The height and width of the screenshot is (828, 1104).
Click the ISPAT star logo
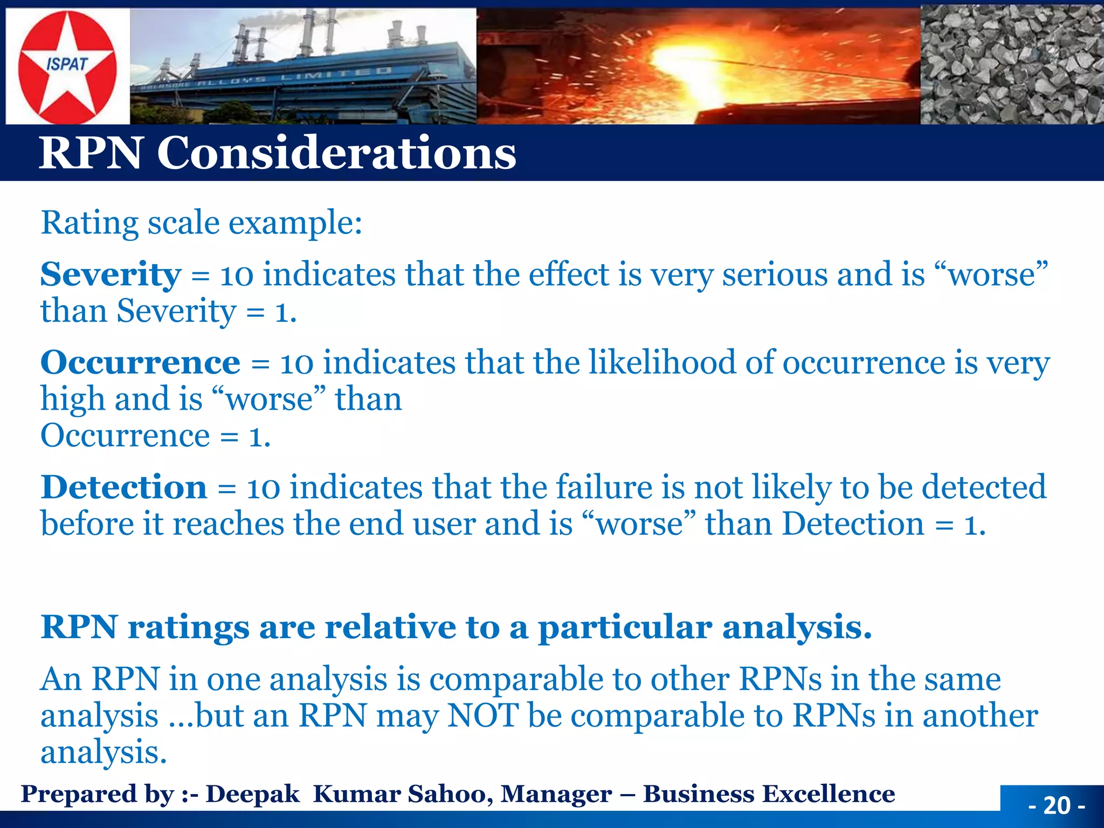67,66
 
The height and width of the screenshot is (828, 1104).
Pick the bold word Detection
124,487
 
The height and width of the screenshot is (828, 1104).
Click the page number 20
1057,805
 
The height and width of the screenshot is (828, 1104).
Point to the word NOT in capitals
482,715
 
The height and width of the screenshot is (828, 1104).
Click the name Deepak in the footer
252,793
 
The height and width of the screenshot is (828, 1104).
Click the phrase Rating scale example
202,223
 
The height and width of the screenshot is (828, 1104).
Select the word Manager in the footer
556,793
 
